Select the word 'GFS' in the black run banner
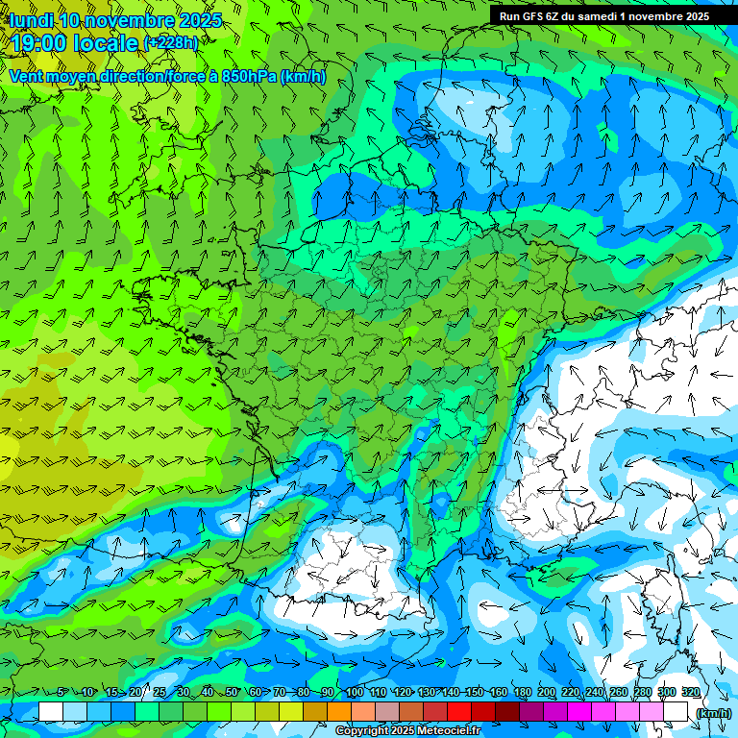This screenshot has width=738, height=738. tap(533, 16)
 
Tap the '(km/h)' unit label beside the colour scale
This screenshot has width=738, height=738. tap(713, 713)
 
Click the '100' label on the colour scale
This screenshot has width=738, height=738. tap(355, 693)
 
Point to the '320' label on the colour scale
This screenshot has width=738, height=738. tap(690, 693)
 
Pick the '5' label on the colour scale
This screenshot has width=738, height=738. tap(62, 693)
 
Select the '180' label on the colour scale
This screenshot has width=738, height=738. tap(523, 693)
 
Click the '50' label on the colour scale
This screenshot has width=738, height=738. tap(232, 693)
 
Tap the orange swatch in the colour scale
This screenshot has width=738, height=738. tap(339, 712)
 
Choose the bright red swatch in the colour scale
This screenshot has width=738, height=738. tap(459, 712)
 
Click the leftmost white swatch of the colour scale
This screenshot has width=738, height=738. tap(51, 712)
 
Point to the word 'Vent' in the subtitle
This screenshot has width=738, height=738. tap(27, 77)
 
